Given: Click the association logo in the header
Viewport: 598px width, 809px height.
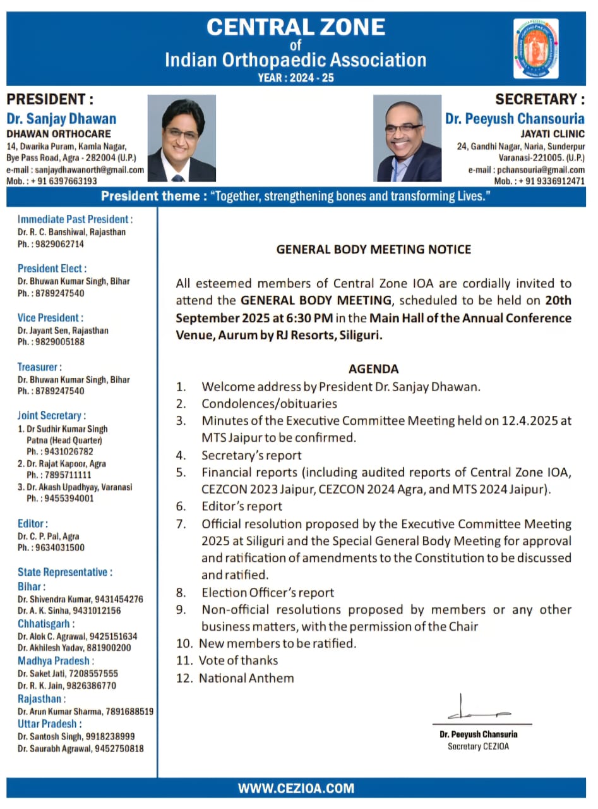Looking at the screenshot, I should click(535, 48).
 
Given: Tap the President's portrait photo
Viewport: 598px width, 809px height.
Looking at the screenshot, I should click(182, 138).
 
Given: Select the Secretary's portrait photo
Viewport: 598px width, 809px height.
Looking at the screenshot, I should click(407, 138).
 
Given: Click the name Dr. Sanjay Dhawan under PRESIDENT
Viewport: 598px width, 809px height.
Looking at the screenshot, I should click(61, 119).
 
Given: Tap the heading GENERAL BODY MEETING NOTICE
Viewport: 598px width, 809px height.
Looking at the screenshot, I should click(374, 250).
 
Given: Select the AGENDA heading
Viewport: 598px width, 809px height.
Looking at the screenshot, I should click(374, 369).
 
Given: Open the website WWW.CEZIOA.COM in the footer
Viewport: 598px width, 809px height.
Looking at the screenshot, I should click(296, 788).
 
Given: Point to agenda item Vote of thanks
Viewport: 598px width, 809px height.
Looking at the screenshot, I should click(238, 660).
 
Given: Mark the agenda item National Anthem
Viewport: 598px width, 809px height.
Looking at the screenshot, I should click(246, 678).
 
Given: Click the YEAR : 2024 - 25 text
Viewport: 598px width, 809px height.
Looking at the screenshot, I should click(296, 78).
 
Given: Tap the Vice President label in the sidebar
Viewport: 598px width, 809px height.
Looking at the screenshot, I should click(51, 318).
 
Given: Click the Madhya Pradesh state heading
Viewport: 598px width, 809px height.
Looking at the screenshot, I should click(56, 661).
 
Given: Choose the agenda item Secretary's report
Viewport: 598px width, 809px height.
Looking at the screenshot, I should click(251, 455).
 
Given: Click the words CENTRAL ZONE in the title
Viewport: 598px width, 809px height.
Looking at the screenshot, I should click(296, 27).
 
